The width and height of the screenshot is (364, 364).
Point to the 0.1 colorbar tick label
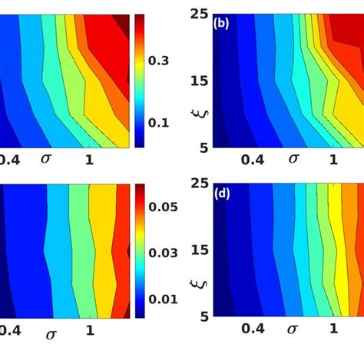(x=163, y=122)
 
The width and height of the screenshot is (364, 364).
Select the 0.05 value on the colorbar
(x=167, y=207)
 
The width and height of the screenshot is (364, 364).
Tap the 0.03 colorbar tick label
(x=167, y=253)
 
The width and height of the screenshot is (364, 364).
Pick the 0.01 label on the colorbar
(x=167, y=298)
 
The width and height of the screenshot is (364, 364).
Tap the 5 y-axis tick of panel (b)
(x=203, y=147)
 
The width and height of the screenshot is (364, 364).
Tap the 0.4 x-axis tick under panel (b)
(x=251, y=160)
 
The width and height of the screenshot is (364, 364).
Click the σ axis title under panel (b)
(x=292, y=159)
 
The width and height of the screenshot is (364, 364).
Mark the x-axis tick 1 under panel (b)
(x=334, y=160)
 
